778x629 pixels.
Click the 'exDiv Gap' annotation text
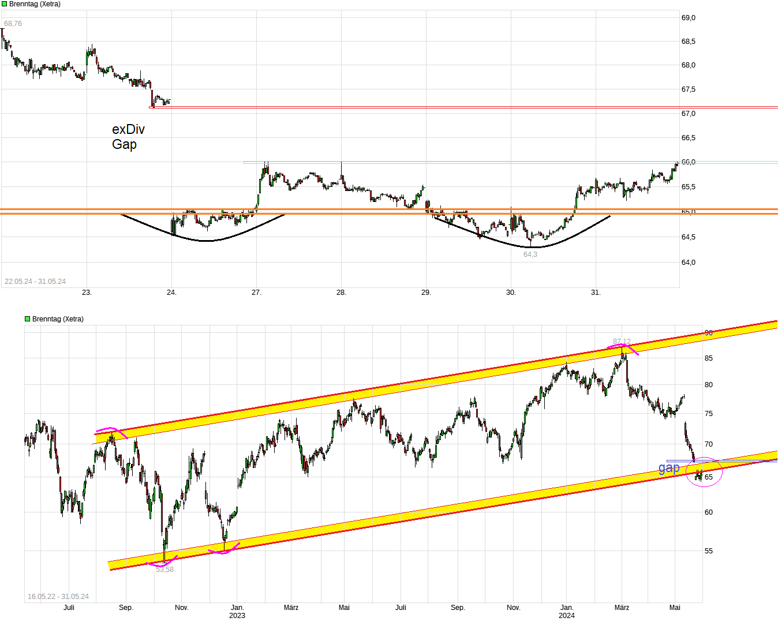pyautogui.click(x=128, y=137)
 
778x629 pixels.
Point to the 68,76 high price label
pyautogui.click(x=13, y=24)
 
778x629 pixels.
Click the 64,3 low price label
pyautogui.click(x=530, y=254)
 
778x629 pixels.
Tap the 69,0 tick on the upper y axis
pyautogui.click(x=689, y=18)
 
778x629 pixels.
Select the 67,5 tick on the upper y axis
pyautogui.click(x=689, y=89)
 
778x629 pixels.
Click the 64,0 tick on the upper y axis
pyautogui.click(x=689, y=263)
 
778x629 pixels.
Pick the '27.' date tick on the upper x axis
pyautogui.click(x=256, y=293)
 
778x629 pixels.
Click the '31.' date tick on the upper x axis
pyautogui.click(x=596, y=293)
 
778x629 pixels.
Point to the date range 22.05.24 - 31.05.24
pyautogui.click(x=35, y=282)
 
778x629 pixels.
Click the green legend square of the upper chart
pyautogui.click(x=4, y=4)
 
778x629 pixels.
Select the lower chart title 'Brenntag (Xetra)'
pyautogui.click(x=58, y=319)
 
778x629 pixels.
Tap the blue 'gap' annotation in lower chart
pyautogui.click(x=669, y=467)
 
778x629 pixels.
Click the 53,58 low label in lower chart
pyautogui.click(x=164, y=570)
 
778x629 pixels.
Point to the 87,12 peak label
pyautogui.click(x=622, y=342)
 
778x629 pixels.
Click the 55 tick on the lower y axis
pyautogui.click(x=708, y=551)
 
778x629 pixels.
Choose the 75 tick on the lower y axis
pyautogui.click(x=708, y=414)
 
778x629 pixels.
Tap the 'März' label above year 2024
pyautogui.click(x=622, y=608)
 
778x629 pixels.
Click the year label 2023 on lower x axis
pyautogui.click(x=237, y=616)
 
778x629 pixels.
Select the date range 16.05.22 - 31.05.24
pyautogui.click(x=58, y=597)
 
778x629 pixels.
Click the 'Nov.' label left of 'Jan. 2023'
pyautogui.click(x=182, y=608)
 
